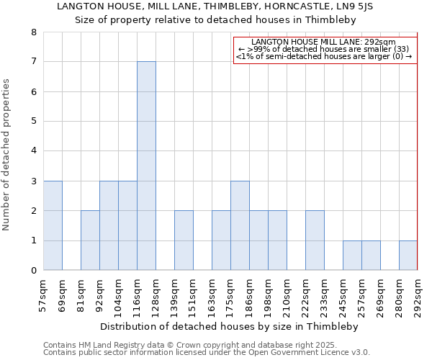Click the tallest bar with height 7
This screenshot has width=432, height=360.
(146, 166)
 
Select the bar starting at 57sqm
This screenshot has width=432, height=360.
(53, 225)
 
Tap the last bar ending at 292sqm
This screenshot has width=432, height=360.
(408, 256)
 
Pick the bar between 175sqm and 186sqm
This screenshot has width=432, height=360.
(240, 225)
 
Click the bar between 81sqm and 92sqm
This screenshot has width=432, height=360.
(90, 240)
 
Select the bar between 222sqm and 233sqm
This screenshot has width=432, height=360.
(315, 240)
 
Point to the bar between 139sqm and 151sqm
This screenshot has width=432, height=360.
(184, 240)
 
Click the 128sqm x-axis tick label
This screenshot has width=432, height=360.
(156, 295)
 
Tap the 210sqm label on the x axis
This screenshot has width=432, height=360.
(287, 295)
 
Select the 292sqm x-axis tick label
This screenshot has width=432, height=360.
(418, 295)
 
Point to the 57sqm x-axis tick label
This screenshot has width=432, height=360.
(43, 295)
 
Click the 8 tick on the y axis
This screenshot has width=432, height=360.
(33, 32)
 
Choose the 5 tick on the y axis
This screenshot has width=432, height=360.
(33, 122)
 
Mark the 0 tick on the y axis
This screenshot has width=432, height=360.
(33, 271)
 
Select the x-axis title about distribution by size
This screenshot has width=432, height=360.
(229, 326)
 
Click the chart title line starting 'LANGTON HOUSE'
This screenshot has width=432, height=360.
(225, 6)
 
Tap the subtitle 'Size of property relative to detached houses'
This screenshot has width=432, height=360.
(225, 19)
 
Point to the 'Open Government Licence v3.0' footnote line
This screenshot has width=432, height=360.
(207, 353)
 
